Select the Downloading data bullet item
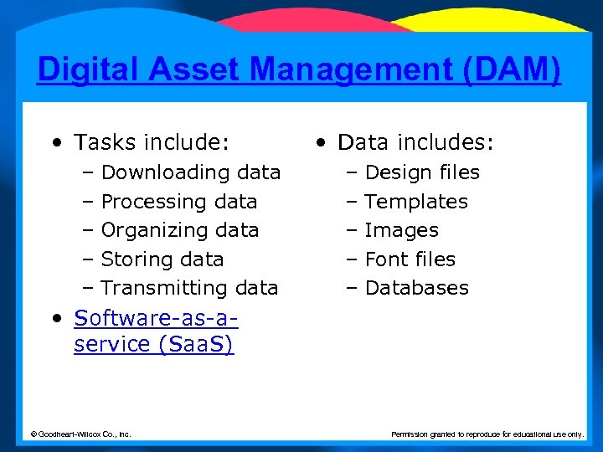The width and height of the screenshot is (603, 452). click(x=190, y=172)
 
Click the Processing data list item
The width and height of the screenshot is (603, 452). click(x=178, y=202)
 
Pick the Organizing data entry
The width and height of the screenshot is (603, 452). click(x=179, y=230)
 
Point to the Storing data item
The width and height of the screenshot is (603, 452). click(x=162, y=259)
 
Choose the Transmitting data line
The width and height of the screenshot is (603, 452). click(x=188, y=288)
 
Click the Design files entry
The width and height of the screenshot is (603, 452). click(x=422, y=172)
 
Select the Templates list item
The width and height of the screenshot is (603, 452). click(x=416, y=202)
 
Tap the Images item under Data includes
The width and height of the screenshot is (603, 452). click(x=401, y=230)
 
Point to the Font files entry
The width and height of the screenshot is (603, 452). click(x=410, y=259)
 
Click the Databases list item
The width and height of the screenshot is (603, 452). click(x=416, y=288)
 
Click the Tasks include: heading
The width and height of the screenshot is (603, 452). click(x=151, y=143)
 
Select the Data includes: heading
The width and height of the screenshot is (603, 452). click(x=415, y=143)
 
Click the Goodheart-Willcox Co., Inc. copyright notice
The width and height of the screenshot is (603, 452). click(x=80, y=434)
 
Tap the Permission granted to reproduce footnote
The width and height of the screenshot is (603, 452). click(x=487, y=434)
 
